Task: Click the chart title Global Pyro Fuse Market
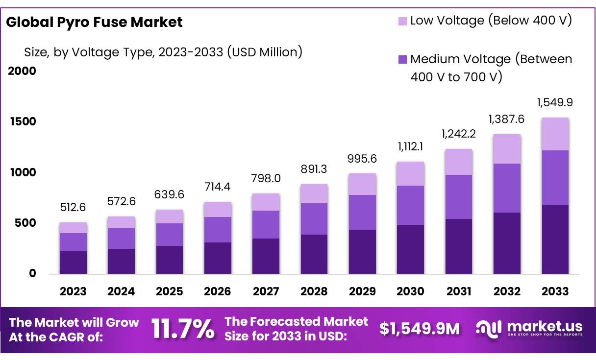pyautogui.click(x=94, y=22)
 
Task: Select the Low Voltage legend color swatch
pyautogui.click(x=402, y=21)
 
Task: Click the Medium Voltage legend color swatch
pyautogui.click(x=402, y=60)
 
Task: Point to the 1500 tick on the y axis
pyautogui.click(x=23, y=121)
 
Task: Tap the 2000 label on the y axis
pyautogui.click(x=23, y=71)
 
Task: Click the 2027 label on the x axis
pyautogui.click(x=266, y=291)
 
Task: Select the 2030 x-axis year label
pyautogui.click(x=410, y=291)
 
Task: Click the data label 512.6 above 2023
pyautogui.click(x=73, y=208)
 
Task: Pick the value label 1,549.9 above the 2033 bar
pyautogui.click(x=555, y=103)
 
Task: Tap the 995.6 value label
pyautogui.click(x=362, y=159)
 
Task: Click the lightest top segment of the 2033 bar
pyautogui.click(x=555, y=134)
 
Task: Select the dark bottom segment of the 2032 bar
pyautogui.click(x=507, y=243)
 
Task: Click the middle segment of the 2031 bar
pyautogui.click(x=459, y=197)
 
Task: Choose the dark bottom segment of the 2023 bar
pyautogui.click(x=73, y=263)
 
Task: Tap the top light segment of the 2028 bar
pyautogui.click(x=314, y=194)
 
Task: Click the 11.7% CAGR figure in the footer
pyautogui.click(x=182, y=329)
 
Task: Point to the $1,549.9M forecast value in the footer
pyautogui.click(x=420, y=329)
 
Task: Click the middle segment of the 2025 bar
pyautogui.click(x=170, y=235)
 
